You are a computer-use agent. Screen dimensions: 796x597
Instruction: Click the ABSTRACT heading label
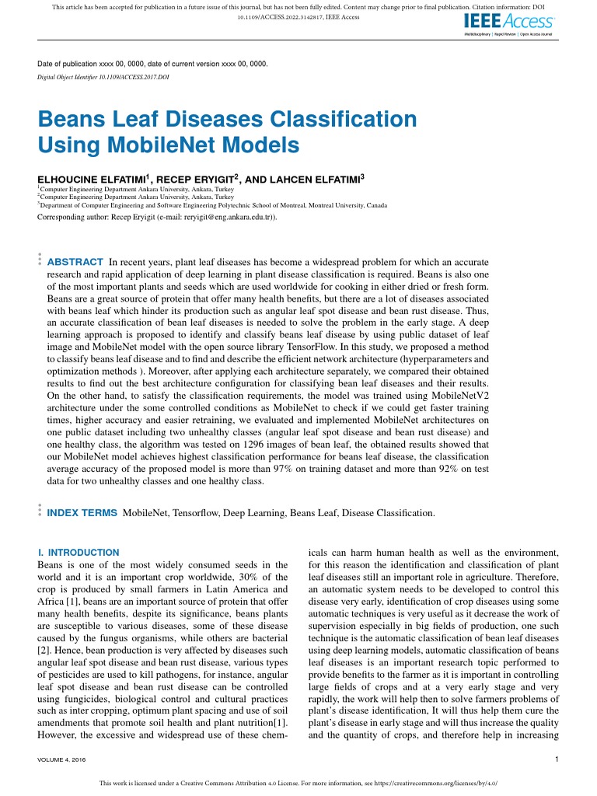pos(75,262)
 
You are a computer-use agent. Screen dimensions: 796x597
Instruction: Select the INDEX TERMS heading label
pos(82,513)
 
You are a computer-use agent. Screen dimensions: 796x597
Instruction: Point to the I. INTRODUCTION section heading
pos(79,553)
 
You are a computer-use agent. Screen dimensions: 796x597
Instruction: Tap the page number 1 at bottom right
pos(557,759)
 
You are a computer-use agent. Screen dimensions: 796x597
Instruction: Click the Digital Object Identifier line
pos(103,78)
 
